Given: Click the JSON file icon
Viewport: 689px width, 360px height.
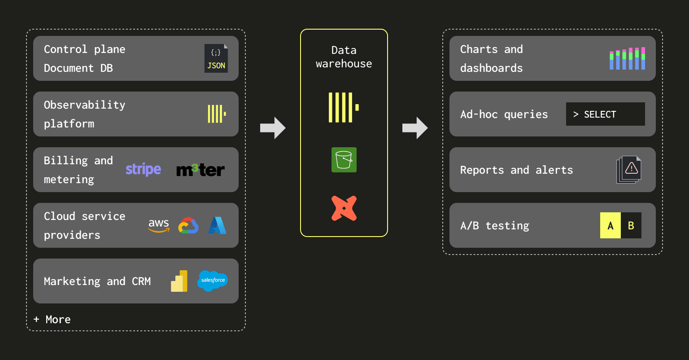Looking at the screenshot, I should coord(216,58).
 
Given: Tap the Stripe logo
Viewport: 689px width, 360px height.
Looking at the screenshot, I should coord(143,169).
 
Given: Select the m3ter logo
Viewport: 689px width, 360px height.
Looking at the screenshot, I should coord(201,170).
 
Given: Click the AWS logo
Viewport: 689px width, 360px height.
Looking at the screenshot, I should coord(159,225).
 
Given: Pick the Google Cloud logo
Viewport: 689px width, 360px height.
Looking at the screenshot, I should coord(188,225).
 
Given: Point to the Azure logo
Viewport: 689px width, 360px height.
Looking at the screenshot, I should coord(217,225).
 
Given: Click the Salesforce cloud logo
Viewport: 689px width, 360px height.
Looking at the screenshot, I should coord(213,281).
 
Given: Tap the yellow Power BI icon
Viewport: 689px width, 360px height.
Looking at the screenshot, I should coord(179,281).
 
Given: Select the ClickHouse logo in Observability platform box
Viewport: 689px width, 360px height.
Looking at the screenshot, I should coord(217,114).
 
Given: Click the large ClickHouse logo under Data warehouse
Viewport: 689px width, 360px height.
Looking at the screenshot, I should coord(344,107).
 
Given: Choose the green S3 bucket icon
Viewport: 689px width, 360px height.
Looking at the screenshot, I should coord(344,160).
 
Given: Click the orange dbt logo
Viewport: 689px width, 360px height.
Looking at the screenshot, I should coord(344,208).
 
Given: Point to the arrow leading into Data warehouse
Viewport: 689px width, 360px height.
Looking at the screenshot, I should coord(273,128).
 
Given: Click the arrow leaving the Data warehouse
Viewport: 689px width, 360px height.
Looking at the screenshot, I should coord(415,128).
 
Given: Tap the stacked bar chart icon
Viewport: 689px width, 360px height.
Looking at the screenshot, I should coord(627,58).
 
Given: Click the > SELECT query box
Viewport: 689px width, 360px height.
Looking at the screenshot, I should coord(605,114).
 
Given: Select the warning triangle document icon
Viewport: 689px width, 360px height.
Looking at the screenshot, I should coord(629,169).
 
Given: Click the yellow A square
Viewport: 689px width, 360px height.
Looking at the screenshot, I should coord(611,225).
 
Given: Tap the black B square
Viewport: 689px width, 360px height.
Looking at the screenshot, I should coord(631,225).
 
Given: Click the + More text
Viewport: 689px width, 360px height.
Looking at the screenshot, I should coord(52,319).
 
